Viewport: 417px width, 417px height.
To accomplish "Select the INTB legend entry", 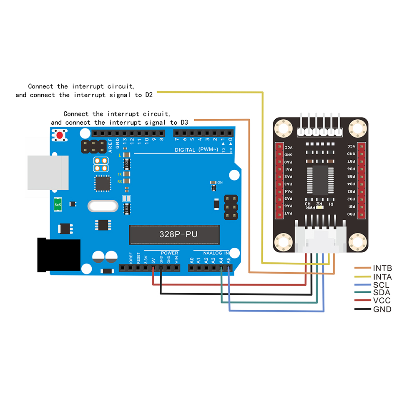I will pos(382,268).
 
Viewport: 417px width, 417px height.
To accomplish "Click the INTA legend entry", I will pos(382,276).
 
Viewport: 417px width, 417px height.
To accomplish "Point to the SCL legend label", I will pos(381,285).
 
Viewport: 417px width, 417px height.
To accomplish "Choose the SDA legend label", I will pos(382,293).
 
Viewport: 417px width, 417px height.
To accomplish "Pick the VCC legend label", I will pos(382,301).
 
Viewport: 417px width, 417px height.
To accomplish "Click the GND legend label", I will pos(382,309).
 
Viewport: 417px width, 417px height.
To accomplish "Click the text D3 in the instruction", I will pos(184,123).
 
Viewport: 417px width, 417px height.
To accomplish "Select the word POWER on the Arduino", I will pos(169,253).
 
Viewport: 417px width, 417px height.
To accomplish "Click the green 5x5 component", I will pos(58,204).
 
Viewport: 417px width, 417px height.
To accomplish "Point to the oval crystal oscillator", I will pos(103,206).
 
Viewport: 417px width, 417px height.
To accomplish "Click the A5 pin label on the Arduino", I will pos(229,260).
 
